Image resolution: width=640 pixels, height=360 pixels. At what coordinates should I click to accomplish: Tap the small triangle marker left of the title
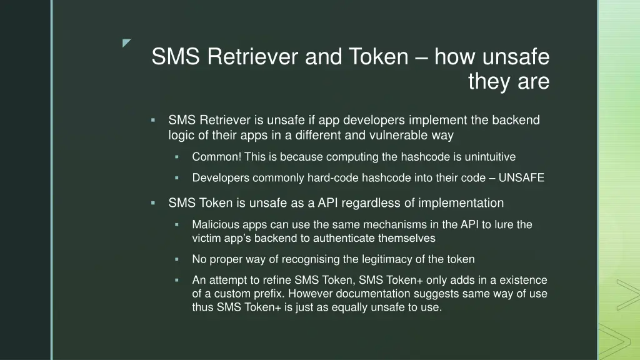click(x=127, y=43)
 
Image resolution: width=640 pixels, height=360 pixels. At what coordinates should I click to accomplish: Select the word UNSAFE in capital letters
click(x=521, y=178)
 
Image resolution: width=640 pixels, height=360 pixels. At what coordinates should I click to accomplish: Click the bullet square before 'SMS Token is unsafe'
click(x=152, y=203)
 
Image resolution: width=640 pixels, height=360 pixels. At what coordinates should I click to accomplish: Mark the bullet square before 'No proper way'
click(x=177, y=259)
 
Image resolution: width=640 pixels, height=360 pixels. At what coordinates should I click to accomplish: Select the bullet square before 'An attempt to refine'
click(x=177, y=280)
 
